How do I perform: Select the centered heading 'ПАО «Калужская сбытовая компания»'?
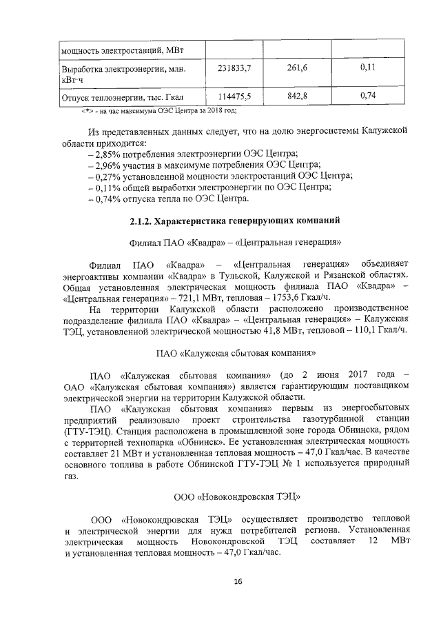click(236, 354)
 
